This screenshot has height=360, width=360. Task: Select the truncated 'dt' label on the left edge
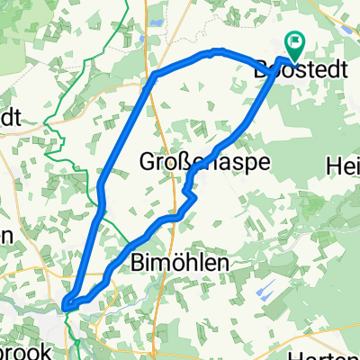(9, 118)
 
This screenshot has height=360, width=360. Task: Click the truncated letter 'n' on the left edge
(5, 237)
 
